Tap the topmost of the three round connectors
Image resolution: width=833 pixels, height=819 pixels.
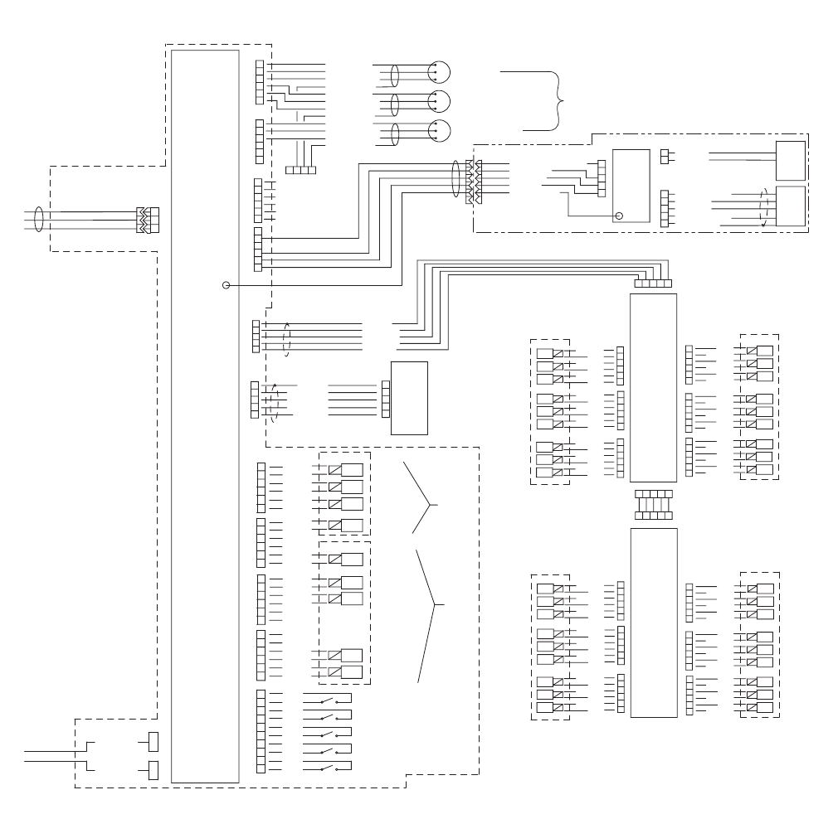pos(439,72)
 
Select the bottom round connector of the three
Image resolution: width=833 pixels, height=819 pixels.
pos(439,131)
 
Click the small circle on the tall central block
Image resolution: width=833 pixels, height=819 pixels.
pos(226,285)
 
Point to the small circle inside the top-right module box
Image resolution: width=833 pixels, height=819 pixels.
pos(618,216)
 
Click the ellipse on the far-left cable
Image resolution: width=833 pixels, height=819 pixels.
pos(37,220)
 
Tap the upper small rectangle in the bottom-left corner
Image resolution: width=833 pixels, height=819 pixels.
pos(153,740)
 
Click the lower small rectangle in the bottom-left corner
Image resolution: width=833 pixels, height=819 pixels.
pos(153,770)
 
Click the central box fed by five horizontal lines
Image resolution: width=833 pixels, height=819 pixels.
pos(409,398)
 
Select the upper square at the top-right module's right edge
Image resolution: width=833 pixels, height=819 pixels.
pos(790,160)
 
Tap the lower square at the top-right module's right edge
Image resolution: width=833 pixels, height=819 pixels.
pos(790,207)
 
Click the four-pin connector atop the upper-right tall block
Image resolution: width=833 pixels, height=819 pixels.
pos(653,283)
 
